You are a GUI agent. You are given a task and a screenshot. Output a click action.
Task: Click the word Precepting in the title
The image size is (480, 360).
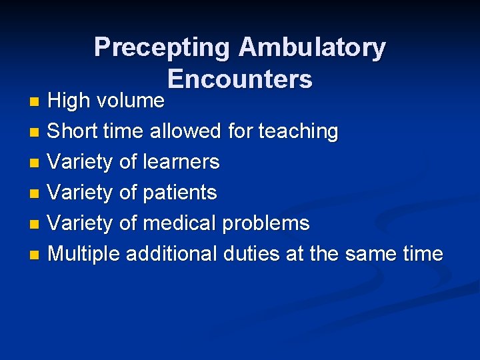click(163, 47)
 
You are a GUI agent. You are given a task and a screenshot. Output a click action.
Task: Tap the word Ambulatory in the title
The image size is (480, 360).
click(312, 47)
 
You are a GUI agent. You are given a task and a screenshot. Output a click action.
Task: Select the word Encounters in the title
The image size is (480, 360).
click(240, 79)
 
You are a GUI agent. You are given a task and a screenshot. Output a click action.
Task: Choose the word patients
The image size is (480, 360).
click(178, 193)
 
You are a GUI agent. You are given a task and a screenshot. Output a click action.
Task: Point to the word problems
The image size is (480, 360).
click(266, 223)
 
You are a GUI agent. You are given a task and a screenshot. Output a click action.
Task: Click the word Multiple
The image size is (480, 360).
click(85, 254)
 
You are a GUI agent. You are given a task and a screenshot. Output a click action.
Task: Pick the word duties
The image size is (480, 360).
click(251, 253)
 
